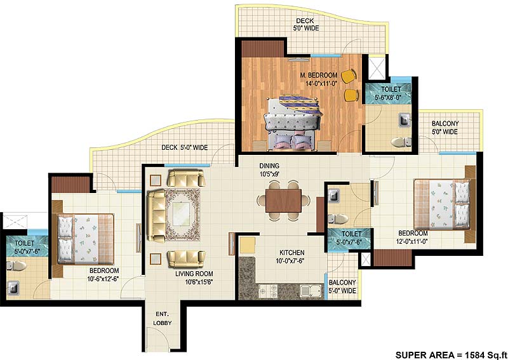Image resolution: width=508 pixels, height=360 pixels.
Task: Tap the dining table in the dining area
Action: click(x=279, y=201)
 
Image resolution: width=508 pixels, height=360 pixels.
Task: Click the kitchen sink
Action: click(x=309, y=291)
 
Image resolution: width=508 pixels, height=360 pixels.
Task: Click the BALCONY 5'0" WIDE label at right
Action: click(x=445, y=128)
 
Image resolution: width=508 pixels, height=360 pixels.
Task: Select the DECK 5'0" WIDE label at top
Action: click(x=306, y=24)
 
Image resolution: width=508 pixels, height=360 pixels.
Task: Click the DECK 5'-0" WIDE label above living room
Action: click(x=184, y=148)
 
